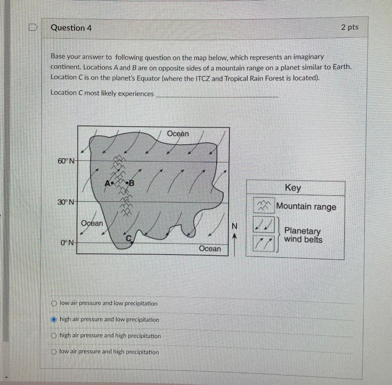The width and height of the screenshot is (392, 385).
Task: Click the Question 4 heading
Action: click(x=71, y=28)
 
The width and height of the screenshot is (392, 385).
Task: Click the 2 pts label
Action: click(x=350, y=27)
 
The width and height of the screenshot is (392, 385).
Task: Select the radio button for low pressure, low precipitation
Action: click(x=54, y=303)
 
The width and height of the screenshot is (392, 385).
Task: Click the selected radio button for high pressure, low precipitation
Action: click(x=54, y=320)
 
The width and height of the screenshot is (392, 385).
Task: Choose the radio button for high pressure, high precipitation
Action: click(x=54, y=336)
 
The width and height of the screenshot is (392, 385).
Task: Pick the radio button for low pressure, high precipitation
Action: click(x=54, y=352)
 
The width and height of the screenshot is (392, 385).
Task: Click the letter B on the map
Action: click(x=132, y=183)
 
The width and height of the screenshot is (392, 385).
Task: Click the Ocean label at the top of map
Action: click(x=178, y=134)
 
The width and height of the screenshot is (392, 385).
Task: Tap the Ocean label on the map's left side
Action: click(x=92, y=223)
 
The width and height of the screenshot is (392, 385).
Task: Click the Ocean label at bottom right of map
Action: click(x=210, y=249)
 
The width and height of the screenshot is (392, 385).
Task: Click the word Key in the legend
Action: click(x=293, y=188)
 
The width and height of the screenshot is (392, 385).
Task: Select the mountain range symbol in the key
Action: click(x=263, y=206)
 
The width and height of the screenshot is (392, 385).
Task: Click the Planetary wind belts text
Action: click(x=303, y=235)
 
